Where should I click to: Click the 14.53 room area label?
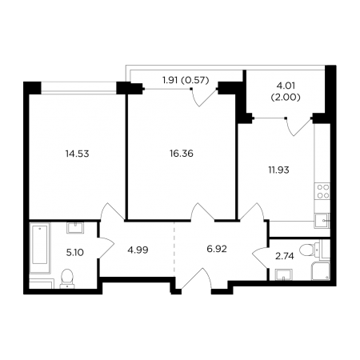point(77,154)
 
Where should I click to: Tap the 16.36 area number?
point(182,154)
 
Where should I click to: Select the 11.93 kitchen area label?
point(278,170)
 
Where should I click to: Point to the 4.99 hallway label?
point(138,250)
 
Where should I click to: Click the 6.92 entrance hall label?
point(217,249)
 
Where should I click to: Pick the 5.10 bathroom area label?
point(75,252)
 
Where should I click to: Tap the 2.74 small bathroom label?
point(285,256)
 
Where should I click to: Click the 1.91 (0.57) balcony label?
point(186,80)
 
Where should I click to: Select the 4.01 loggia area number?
point(286,86)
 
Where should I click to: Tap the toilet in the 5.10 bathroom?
point(67,278)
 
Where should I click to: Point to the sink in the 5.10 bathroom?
point(75,228)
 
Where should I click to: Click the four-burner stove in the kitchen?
point(322,191)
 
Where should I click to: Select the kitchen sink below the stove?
point(322,221)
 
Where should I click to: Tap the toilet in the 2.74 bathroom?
point(310,250)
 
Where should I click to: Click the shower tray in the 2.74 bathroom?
point(321,271)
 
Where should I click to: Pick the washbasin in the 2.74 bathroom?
point(283,275)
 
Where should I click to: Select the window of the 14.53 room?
point(79,88)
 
